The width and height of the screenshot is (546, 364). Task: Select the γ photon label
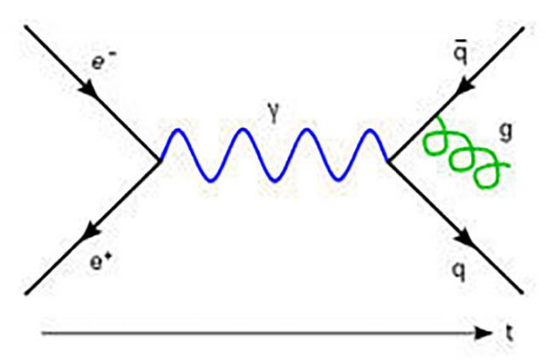coord(274,113)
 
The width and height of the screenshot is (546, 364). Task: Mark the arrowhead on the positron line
coord(87,234)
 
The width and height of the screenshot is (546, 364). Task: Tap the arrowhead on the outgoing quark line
coord(466,235)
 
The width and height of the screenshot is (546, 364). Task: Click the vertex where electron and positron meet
coord(160,160)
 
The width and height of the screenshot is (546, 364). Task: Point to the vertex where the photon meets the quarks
coord(389,160)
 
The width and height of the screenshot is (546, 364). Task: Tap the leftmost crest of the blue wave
coord(177,130)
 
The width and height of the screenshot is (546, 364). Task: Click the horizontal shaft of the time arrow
coord(256,332)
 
